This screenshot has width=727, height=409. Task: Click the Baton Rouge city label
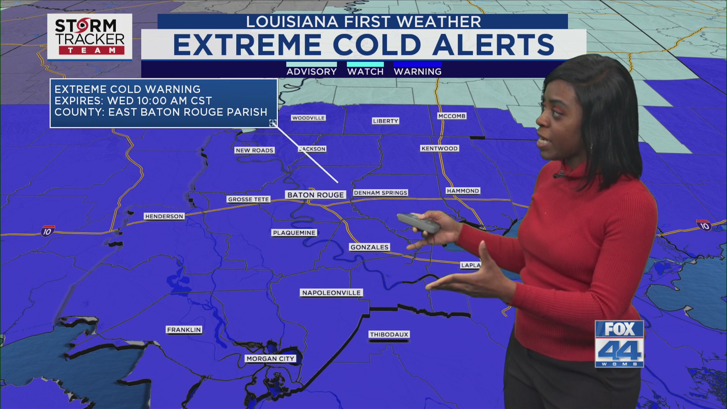(315, 195)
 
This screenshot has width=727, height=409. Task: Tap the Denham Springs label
(380, 193)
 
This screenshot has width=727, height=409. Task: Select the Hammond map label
(463, 191)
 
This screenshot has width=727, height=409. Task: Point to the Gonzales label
(369, 247)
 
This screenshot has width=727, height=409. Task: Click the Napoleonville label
(331, 293)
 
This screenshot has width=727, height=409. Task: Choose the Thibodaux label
(389, 334)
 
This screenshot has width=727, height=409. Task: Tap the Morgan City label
(270, 359)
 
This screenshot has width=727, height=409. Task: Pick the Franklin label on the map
(184, 330)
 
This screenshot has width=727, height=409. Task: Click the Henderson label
(164, 216)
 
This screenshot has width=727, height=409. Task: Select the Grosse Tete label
(248, 199)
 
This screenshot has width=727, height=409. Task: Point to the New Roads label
(254, 150)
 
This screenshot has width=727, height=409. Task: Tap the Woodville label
(308, 118)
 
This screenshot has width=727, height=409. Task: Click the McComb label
(452, 116)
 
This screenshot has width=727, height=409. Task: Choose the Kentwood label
(440, 148)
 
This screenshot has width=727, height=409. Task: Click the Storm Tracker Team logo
(90, 37)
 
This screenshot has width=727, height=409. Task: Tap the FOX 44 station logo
(619, 343)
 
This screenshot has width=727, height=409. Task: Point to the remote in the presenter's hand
(418, 223)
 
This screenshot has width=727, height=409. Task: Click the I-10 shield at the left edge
(48, 231)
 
